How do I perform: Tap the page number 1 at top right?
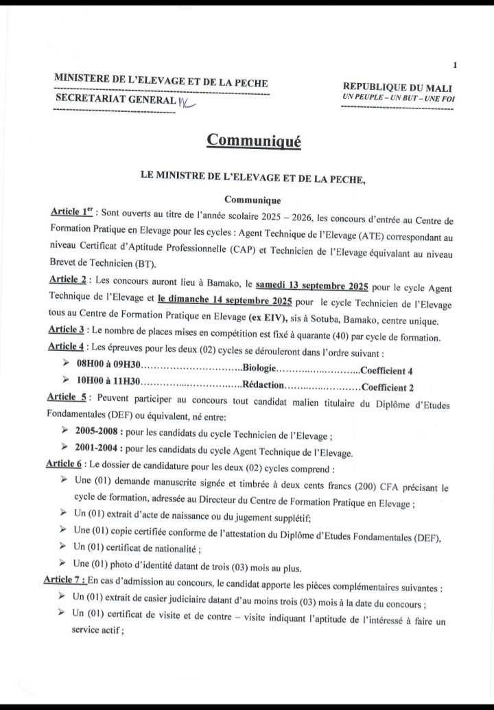pos(455,65)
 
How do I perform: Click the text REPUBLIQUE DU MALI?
pos(397,87)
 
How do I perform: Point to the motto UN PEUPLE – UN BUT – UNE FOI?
pos(397,98)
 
